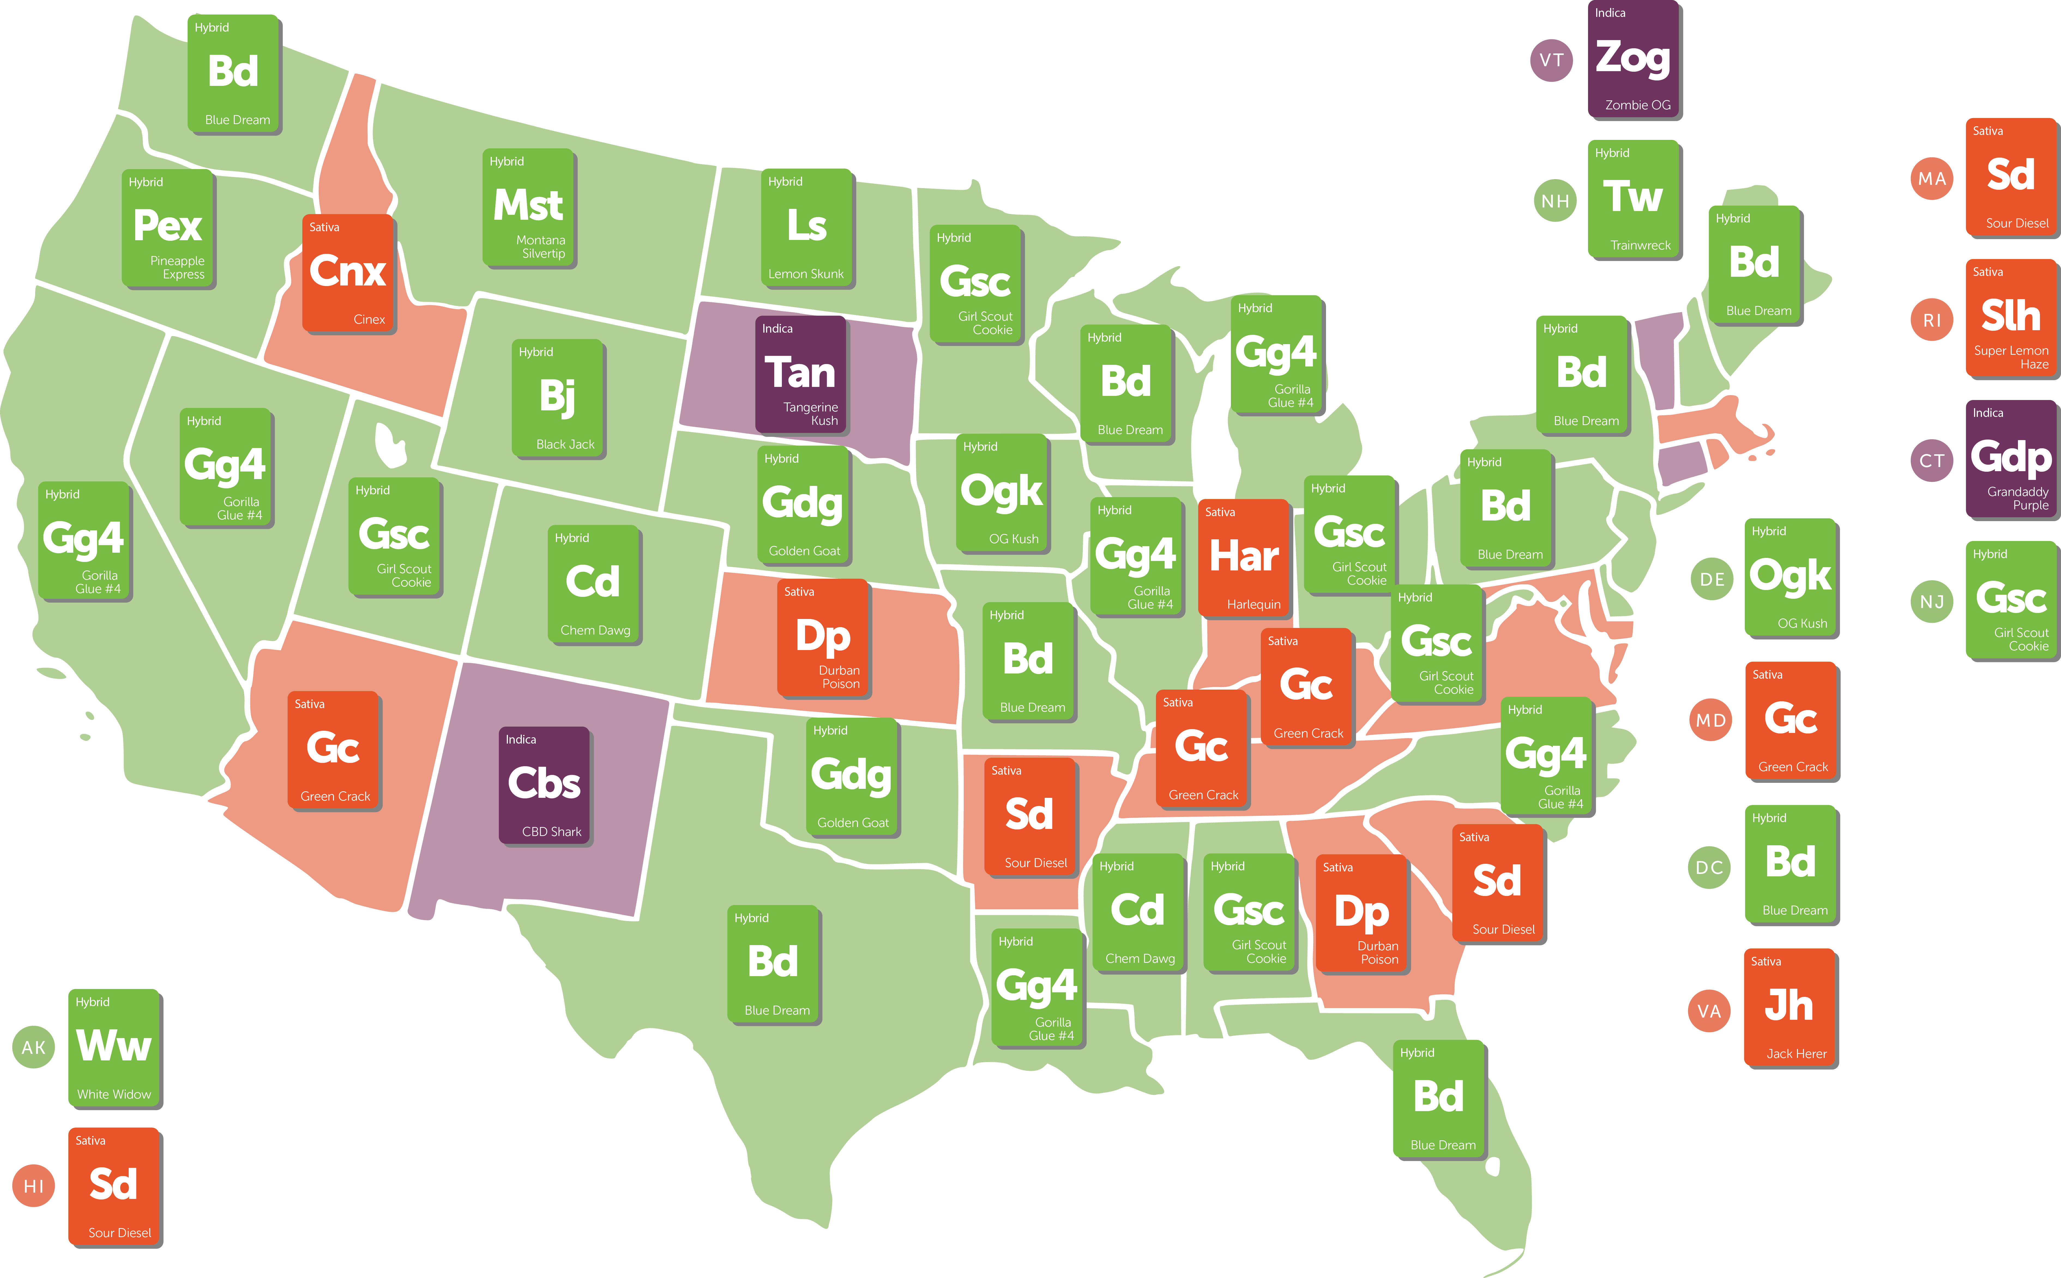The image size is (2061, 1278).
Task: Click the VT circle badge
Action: coord(1551,60)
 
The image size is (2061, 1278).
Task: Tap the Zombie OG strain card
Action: coord(1634,59)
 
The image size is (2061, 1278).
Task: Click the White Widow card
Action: coord(114,1047)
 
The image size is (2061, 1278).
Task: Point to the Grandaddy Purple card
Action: coord(2011,459)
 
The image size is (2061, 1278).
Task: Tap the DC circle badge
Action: coord(1709,867)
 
